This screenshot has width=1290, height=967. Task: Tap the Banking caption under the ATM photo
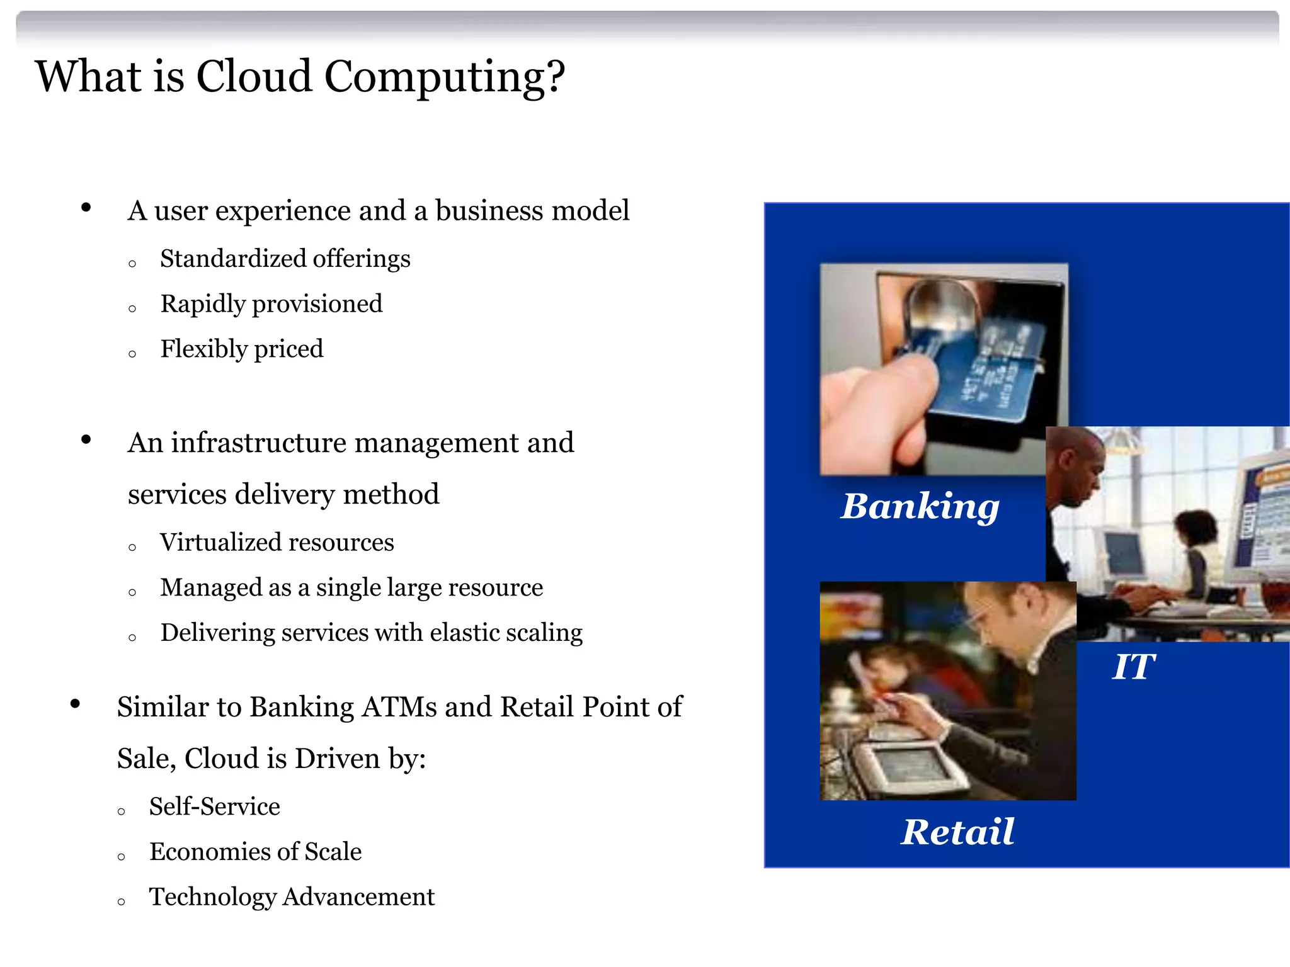[920, 506]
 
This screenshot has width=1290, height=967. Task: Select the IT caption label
[1133, 667]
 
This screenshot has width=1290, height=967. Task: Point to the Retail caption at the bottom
[957, 832]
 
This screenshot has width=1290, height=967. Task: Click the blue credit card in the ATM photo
[983, 371]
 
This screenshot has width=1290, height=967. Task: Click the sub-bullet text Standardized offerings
[285, 259]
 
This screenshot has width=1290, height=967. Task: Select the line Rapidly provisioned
[271, 304]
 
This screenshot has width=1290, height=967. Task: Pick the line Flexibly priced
[242, 349]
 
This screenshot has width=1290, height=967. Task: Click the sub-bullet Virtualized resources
[277, 543]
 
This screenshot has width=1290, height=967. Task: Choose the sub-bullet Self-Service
[214, 806]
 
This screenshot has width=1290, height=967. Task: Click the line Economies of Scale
[255, 852]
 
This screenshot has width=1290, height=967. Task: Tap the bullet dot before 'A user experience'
[86, 208]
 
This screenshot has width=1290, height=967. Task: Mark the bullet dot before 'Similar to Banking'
[76, 704]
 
